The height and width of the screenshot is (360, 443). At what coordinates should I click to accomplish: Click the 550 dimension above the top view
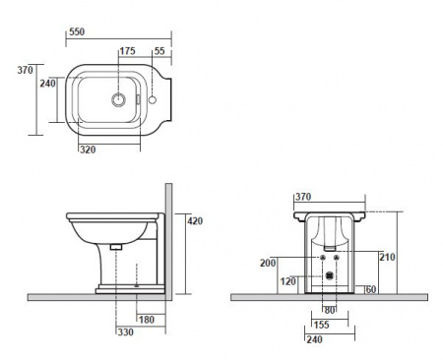tap(77, 31)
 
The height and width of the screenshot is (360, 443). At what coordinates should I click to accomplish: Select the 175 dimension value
tap(127, 51)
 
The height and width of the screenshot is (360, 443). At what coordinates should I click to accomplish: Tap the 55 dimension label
tap(159, 51)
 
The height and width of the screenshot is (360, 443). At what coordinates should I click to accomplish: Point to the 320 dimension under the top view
tap(88, 150)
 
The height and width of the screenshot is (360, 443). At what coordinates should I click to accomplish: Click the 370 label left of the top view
tap(26, 70)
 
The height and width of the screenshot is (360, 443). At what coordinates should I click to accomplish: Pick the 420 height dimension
tap(195, 221)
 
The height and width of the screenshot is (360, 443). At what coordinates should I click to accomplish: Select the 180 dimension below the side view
tap(147, 320)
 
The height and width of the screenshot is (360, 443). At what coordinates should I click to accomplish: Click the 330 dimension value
tap(126, 332)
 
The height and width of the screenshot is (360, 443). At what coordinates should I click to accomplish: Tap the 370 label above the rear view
tap(303, 197)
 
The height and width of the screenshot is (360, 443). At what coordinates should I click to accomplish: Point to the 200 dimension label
tap(268, 263)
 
